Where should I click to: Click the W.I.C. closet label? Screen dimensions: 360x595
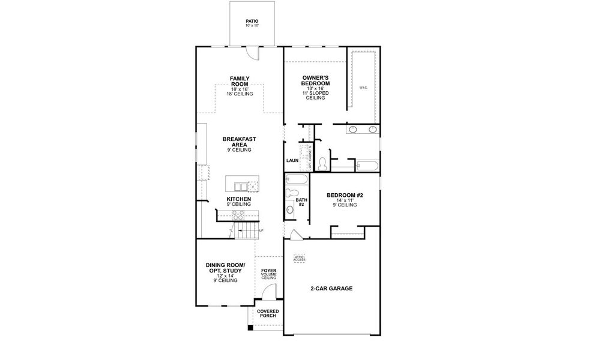tap(363, 88)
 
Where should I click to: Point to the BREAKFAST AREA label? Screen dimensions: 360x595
tap(240, 142)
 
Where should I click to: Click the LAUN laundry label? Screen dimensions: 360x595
tap(292, 160)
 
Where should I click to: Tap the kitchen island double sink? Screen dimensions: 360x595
tap(240, 185)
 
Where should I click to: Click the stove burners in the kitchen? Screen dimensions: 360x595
tap(238, 214)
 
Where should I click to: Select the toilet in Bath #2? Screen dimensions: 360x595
tap(291, 193)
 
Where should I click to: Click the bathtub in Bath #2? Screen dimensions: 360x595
tap(297, 179)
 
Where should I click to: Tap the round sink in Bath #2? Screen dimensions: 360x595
tap(291, 209)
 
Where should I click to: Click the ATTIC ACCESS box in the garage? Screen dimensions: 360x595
tap(299, 258)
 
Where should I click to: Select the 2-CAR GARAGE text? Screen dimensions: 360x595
tap(331, 289)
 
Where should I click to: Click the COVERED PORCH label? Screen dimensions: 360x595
tap(268, 314)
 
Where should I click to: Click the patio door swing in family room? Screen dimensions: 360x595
tap(255, 53)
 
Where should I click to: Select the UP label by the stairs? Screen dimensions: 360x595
tap(261, 230)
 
